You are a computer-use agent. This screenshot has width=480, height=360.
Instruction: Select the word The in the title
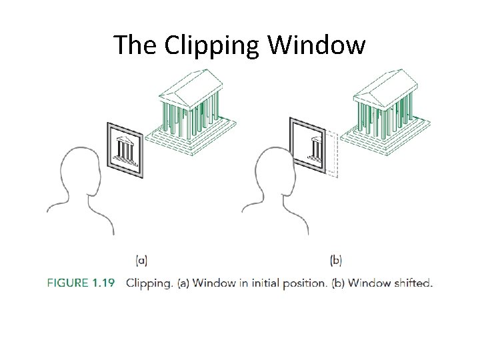135,45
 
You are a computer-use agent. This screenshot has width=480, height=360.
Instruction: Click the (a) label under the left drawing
141,260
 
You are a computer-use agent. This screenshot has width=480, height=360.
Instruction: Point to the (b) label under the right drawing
335,260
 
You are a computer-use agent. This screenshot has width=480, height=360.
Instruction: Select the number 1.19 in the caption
104,283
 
